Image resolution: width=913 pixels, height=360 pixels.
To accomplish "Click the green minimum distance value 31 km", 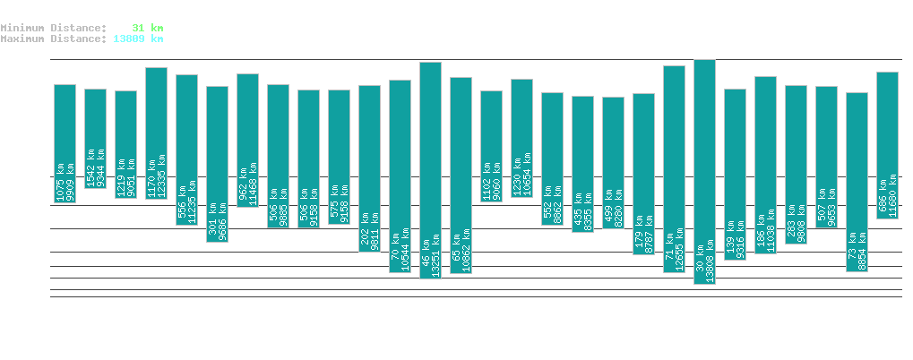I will [148, 28].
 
